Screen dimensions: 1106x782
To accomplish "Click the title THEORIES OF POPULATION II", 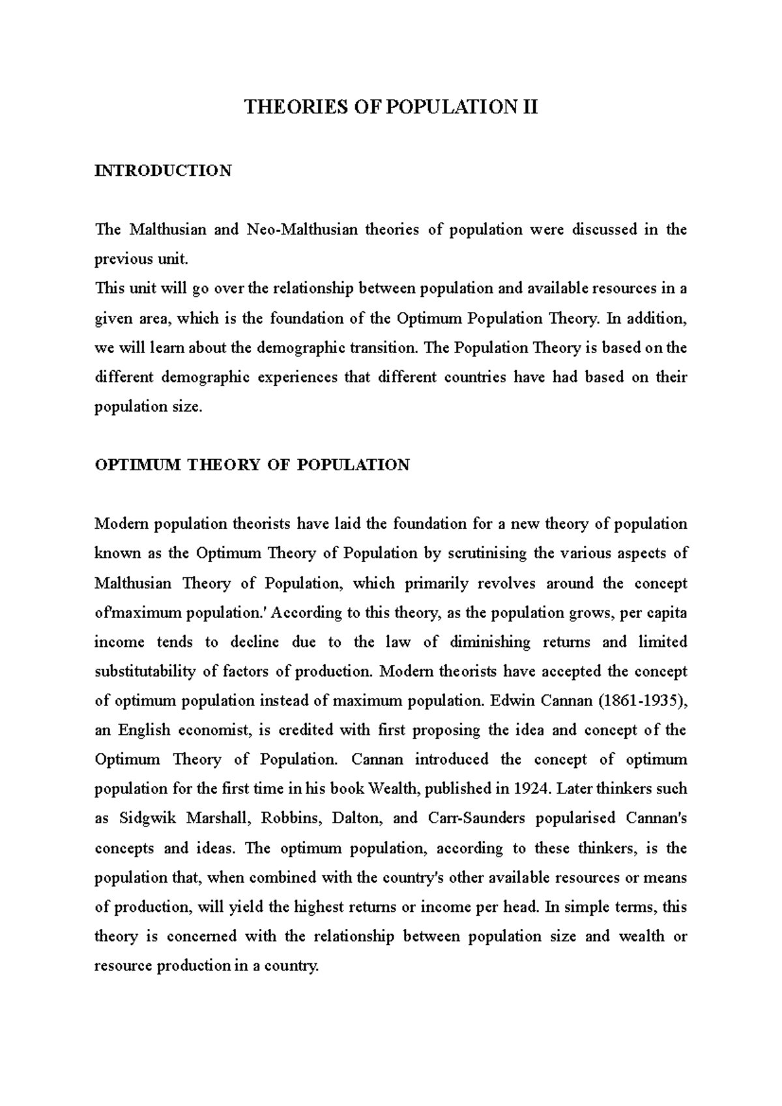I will [x=391, y=107].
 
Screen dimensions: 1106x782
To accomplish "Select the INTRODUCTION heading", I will [x=163, y=171].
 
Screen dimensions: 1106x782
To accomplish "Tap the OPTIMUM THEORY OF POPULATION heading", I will [x=252, y=465].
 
